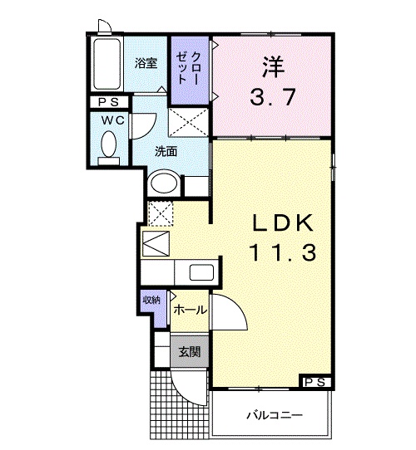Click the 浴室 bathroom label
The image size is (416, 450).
point(146,63)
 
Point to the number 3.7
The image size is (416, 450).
point(271,98)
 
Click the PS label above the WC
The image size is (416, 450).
point(107,103)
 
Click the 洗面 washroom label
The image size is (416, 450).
point(166,151)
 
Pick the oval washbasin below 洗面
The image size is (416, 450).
point(164,183)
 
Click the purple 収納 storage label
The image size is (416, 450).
point(151,300)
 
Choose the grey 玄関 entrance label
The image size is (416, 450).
point(189,351)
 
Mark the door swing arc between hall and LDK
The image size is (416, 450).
point(229,313)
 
